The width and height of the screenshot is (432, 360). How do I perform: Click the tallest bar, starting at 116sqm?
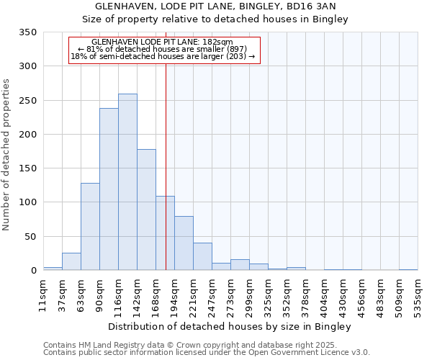(x=127, y=182)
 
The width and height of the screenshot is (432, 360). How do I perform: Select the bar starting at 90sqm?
(x=109, y=189)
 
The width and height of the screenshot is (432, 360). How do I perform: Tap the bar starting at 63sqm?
(x=90, y=227)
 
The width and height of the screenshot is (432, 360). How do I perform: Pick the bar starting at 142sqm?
(x=146, y=210)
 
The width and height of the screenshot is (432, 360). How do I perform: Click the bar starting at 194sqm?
(x=184, y=243)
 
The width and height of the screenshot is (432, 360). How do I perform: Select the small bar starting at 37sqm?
(x=71, y=262)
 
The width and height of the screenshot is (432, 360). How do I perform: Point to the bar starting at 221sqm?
(x=202, y=257)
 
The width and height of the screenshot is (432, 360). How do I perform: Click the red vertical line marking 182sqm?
(x=166, y=158)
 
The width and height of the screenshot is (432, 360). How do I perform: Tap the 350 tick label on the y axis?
(x=27, y=32)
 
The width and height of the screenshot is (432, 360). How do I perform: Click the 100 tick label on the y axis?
(x=27, y=202)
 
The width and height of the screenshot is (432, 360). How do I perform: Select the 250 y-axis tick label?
(x=27, y=101)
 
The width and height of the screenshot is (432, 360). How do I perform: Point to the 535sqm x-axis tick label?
(x=418, y=296)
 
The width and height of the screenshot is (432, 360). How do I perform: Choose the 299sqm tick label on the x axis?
(x=249, y=296)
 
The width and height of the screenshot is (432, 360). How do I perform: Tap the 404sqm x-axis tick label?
(x=324, y=296)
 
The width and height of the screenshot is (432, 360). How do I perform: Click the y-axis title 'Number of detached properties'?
(x=6, y=155)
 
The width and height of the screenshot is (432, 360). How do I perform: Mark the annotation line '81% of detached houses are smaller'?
(x=163, y=49)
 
